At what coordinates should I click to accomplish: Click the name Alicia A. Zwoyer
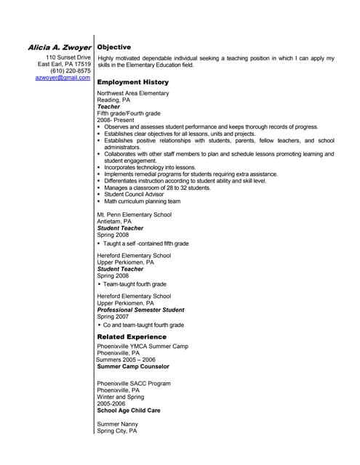coord(59,46)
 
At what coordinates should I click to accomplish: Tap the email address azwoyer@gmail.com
coord(63,77)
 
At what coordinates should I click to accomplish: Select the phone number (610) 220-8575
coord(71,70)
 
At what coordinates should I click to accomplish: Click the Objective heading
coord(114,46)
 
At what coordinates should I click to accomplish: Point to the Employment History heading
coord(132,82)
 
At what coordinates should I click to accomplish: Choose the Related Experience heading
coord(132,337)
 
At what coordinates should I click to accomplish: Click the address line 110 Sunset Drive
coord(68,57)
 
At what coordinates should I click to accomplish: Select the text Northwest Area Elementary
coord(133,93)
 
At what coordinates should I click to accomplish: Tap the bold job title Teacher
coord(108,107)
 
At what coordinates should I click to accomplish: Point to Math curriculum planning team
coord(142,201)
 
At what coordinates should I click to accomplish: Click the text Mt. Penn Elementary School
coord(135,215)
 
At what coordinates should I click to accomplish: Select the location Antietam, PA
coord(114,222)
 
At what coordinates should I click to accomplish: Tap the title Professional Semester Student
coord(140,310)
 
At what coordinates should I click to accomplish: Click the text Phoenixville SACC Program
coord(134,383)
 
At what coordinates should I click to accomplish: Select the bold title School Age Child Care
coord(129,410)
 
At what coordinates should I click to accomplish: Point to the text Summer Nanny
coord(118,424)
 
